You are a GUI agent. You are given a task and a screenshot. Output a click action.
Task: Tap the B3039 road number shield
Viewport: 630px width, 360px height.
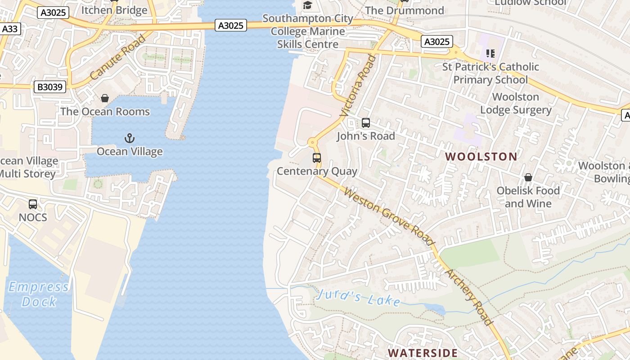point(50,87)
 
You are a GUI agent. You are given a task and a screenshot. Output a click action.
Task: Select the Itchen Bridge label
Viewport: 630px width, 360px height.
point(115,10)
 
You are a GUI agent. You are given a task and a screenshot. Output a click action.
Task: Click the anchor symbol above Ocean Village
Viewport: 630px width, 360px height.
point(130,138)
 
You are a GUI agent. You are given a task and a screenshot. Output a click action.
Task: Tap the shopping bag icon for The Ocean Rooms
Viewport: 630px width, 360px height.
point(105,98)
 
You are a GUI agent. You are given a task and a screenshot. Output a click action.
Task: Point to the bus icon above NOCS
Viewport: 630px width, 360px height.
point(33,204)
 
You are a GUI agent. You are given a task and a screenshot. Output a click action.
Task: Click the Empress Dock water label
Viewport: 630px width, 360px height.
point(39,294)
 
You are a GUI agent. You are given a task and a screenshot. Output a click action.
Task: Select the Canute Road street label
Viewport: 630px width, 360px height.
point(118,57)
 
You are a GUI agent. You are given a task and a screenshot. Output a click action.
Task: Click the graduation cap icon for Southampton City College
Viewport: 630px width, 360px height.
point(308,5)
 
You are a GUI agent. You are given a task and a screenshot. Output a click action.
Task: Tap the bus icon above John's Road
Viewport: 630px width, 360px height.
point(366,123)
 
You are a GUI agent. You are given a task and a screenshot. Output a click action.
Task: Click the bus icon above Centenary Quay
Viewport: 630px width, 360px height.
point(317,158)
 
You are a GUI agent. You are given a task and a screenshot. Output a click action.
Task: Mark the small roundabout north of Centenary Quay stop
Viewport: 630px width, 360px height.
point(312,143)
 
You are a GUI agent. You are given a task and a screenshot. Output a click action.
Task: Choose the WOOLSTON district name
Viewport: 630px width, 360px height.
point(481,157)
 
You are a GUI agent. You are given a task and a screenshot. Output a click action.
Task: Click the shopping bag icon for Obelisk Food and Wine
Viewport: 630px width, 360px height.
point(528,178)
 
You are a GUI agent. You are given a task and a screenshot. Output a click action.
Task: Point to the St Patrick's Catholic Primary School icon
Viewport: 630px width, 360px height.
point(490,54)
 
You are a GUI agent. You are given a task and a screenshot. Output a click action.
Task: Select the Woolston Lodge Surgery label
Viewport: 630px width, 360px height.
point(516,103)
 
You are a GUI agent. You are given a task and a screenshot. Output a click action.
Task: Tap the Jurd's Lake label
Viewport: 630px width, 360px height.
point(358,297)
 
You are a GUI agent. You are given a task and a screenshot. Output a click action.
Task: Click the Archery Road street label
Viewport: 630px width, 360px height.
point(469,297)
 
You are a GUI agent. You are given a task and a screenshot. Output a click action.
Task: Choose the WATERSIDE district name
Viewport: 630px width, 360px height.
point(423,353)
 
